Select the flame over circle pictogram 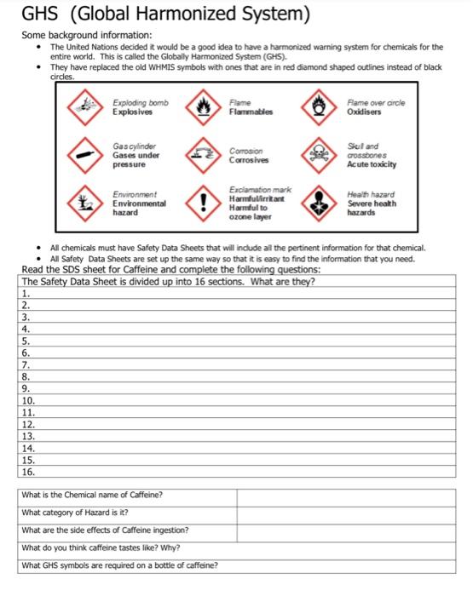click(x=320, y=108)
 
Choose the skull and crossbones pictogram click(x=320, y=155)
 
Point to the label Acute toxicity click(x=372, y=164)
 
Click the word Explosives click(x=133, y=112)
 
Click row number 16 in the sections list click(x=28, y=470)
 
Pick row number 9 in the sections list click(x=26, y=387)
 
